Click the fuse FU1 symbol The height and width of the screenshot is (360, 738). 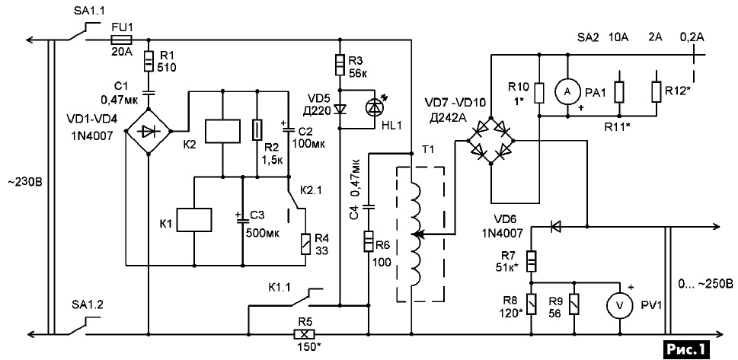coord(121,40)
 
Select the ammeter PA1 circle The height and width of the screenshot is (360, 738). coord(567,93)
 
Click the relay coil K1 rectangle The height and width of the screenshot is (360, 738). coord(194,219)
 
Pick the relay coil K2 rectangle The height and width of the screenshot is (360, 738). coord(222,131)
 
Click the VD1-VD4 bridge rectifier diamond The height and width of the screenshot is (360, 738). coord(149,131)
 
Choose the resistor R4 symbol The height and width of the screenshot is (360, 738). coord(306,244)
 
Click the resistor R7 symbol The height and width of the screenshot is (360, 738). coord(532,261)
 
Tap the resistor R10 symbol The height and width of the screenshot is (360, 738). coord(540,93)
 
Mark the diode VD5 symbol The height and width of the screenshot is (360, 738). coord(340,109)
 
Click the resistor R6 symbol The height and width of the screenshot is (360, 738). coord(369,241)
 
